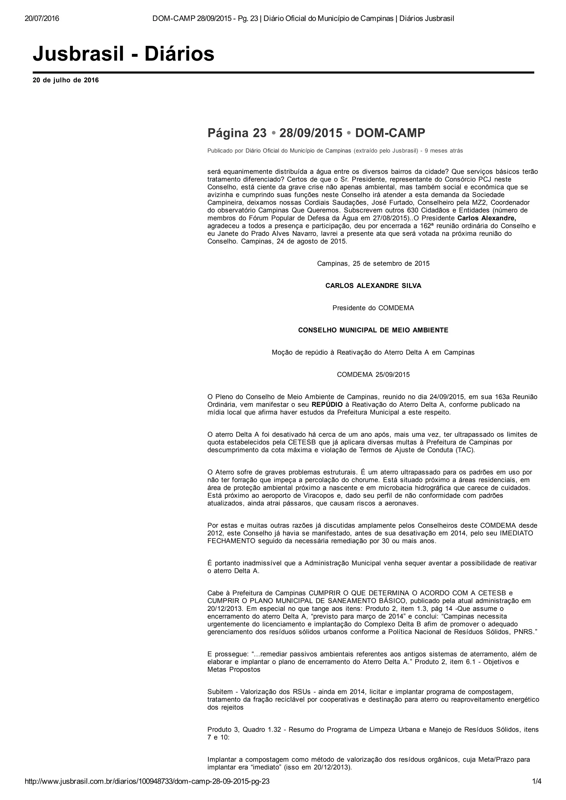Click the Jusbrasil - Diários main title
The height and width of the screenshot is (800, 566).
[124, 54]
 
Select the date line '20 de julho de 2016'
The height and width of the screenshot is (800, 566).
[65, 80]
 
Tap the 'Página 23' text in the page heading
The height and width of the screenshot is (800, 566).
[237, 133]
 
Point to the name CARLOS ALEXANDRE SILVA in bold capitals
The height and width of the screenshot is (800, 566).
[373, 286]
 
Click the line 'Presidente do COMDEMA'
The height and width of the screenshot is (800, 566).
[373, 308]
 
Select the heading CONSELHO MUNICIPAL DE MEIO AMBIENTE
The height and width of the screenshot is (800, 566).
[373, 330]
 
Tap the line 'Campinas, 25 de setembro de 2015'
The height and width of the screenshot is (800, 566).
[373, 263]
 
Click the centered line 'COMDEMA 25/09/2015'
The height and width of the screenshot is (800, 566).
[373, 374]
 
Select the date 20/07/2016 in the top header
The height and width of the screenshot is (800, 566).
[42, 19]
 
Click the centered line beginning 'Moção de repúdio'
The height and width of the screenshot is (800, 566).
[373, 352]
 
